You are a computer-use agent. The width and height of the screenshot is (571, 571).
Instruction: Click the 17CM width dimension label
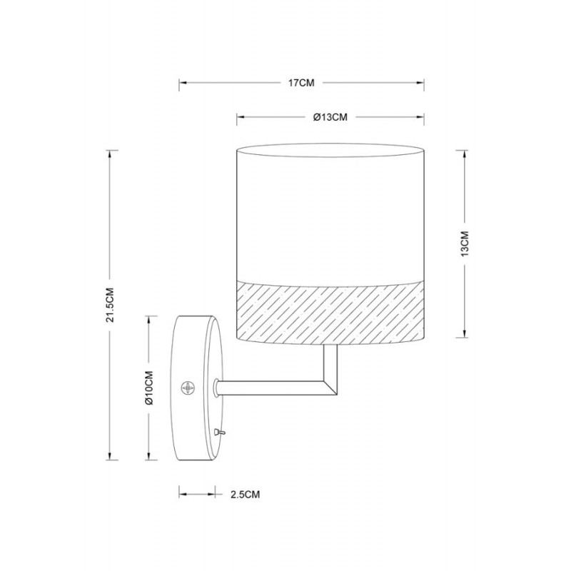(301, 83)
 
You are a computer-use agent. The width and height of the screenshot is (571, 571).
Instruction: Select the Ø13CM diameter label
(330, 117)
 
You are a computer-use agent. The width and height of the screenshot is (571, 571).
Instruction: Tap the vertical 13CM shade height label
(465, 243)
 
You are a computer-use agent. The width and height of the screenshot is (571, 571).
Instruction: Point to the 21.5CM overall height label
(111, 305)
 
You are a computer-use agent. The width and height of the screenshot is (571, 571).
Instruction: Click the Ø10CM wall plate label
(149, 388)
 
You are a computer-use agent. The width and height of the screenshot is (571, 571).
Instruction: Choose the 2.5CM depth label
(245, 495)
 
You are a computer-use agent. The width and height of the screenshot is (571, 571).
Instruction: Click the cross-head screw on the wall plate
(188, 387)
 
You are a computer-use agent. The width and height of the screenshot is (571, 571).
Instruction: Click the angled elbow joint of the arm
(330, 388)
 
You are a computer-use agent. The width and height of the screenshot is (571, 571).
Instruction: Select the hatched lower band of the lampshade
(330, 312)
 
